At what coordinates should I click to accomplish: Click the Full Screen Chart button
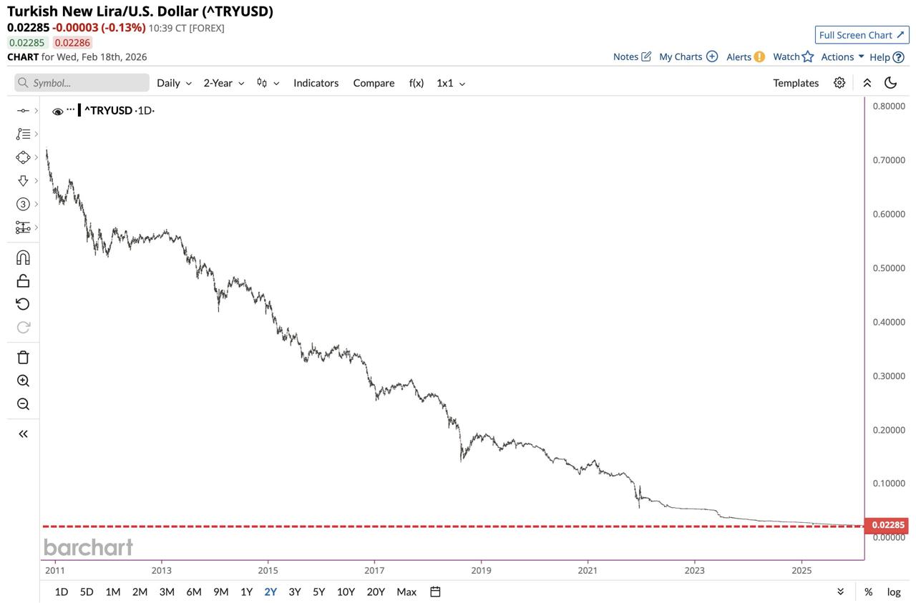click(x=862, y=35)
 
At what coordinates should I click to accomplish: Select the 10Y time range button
click(x=346, y=592)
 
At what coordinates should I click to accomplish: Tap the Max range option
click(x=406, y=592)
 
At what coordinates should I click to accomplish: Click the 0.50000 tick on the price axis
click(x=889, y=268)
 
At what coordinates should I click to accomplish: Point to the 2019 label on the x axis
click(x=481, y=570)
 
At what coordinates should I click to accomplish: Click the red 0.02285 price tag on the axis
click(x=887, y=525)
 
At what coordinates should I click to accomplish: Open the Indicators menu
click(x=316, y=83)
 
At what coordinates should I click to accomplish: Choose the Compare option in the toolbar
click(x=374, y=83)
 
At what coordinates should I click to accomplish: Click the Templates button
click(x=795, y=83)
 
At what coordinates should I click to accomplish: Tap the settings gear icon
click(x=839, y=83)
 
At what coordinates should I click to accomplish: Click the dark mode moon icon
click(x=891, y=83)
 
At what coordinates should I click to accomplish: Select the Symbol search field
click(x=82, y=83)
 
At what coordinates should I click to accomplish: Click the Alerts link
click(x=745, y=57)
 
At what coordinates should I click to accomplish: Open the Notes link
click(x=632, y=57)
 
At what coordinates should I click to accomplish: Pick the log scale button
click(x=894, y=592)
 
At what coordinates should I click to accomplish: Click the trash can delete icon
click(x=23, y=358)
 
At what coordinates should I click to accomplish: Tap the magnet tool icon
click(x=23, y=258)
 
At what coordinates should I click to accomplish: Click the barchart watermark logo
click(x=88, y=547)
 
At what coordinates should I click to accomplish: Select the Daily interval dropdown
click(x=174, y=83)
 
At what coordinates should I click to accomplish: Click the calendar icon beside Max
click(x=435, y=592)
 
